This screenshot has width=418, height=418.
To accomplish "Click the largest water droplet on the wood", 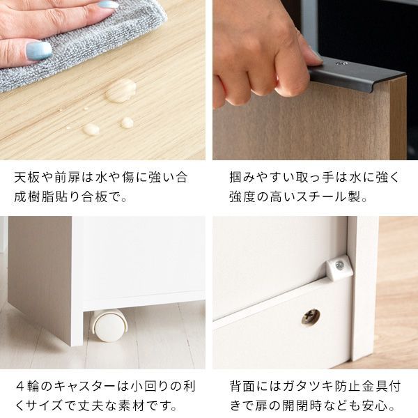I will (121, 90).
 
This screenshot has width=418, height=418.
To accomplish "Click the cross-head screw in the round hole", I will (311, 317).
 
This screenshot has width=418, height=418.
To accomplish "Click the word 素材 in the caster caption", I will (144, 405).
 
